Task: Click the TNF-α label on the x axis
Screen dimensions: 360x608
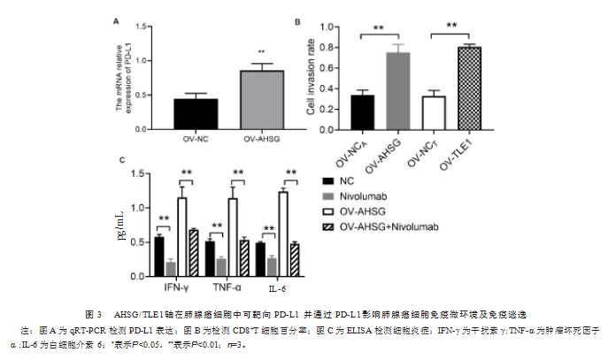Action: pyautogui.click(x=226, y=288)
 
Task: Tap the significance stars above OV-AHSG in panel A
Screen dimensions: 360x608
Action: pyautogui.click(x=261, y=52)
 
